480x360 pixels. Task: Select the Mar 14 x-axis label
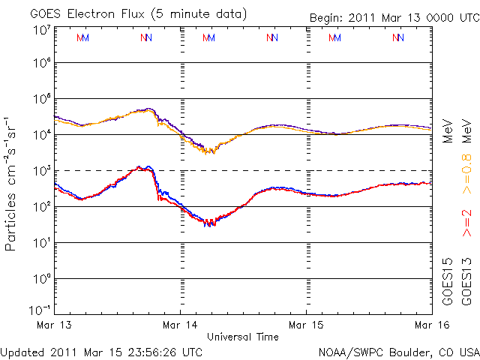(x=181, y=325)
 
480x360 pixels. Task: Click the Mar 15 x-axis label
(x=307, y=325)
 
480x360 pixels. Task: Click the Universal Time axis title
(x=243, y=337)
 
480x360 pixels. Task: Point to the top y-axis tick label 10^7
(x=41, y=29)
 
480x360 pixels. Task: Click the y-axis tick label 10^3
(x=41, y=170)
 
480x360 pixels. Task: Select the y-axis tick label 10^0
(x=41, y=278)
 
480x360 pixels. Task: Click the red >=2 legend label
(x=466, y=223)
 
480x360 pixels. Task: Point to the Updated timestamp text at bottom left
(x=102, y=351)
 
